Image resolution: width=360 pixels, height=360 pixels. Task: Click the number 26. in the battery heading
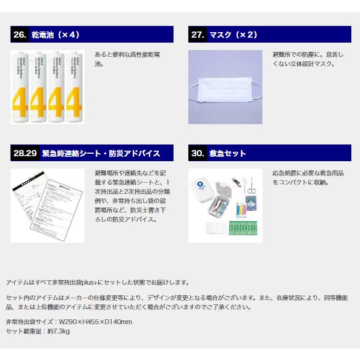click(20, 35)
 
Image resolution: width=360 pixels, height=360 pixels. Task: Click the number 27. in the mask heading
click(198, 35)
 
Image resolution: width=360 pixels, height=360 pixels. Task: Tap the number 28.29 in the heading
click(25, 154)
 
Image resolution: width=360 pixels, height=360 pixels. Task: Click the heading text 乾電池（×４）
click(56, 35)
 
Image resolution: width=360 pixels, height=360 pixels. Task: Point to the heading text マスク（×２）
click(233, 35)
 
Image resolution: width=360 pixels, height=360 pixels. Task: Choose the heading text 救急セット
click(228, 154)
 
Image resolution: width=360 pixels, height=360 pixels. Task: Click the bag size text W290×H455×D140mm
click(94, 322)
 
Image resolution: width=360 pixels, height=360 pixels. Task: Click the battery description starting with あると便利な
click(127, 59)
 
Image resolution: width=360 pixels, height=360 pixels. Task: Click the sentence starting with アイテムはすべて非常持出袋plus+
click(97, 282)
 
